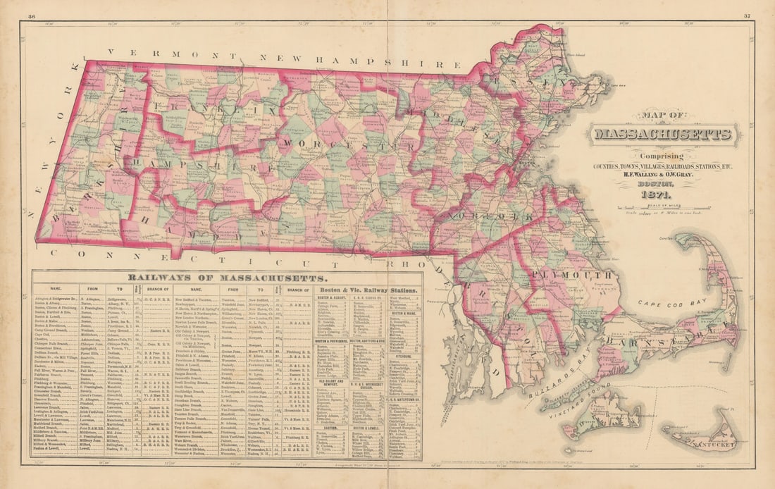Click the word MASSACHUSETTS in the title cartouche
click(663, 134)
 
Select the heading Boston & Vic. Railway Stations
click(368, 290)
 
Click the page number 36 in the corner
click(32, 16)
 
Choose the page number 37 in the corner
click(746, 16)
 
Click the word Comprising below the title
click(662, 156)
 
